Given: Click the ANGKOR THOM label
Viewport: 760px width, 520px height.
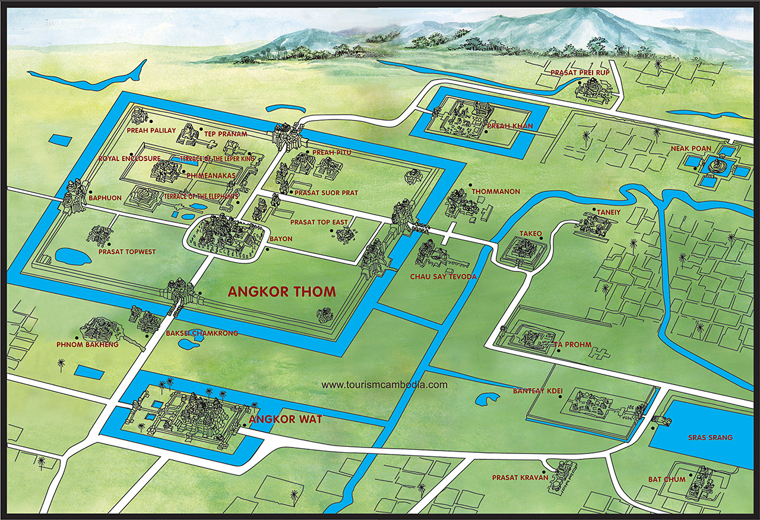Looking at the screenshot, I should [283, 292].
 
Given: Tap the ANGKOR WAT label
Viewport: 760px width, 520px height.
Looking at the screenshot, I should [286, 420].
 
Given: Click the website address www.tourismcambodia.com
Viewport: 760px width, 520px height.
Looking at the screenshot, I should [384, 385].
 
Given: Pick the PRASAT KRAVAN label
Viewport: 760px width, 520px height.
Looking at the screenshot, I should [520, 477].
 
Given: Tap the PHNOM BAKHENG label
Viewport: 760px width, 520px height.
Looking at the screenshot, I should [87, 345].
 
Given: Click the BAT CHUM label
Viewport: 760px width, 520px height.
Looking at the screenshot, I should [667, 479].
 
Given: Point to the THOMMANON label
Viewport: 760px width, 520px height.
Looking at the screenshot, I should [496, 192].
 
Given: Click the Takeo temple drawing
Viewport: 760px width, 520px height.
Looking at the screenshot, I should [523, 250].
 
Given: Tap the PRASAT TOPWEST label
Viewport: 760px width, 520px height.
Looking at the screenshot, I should [127, 252].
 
